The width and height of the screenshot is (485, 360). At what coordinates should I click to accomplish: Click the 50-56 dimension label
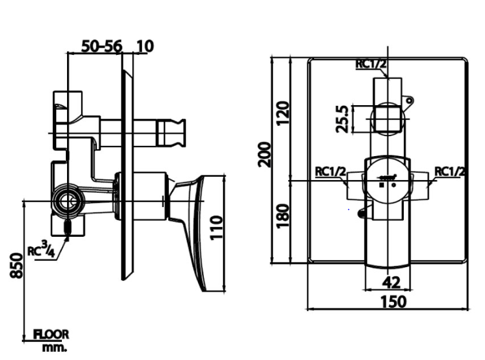point(102,46)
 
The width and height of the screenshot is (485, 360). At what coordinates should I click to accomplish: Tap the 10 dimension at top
point(144,46)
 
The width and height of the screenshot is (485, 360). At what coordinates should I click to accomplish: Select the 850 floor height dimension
point(17,266)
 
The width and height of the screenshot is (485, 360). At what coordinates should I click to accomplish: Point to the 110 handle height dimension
point(216,228)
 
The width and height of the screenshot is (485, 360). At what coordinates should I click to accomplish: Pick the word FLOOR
point(52,335)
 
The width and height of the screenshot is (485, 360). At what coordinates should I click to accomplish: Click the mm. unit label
point(54,347)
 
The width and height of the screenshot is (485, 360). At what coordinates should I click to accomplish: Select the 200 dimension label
point(264,154)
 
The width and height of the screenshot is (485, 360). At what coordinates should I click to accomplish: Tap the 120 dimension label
point(282,113)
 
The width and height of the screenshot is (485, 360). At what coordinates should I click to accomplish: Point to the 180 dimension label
point(282,216)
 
